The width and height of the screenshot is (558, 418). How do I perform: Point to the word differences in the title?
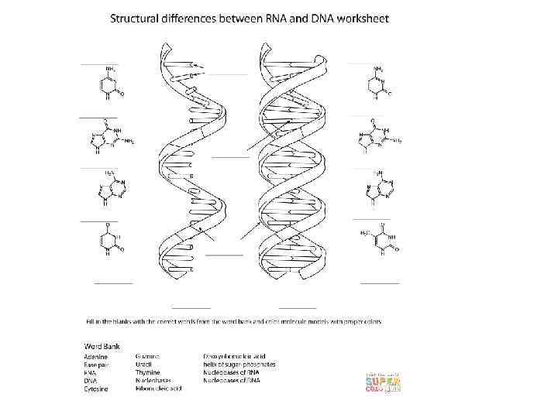pyautogui.click(x=204, y=17)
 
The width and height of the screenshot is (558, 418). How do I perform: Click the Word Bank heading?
pyautogui.click(x=102, y=345)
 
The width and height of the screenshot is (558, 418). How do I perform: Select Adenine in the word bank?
pyautogui.click(x=97, y=356)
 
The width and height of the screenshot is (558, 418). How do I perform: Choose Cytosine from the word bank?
pyautogui.click(x=98, y=389)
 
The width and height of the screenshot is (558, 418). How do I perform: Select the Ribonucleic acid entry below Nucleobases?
pyautogui.click(x=159, y=389)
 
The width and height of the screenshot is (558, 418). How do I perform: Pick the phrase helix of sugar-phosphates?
pyautogui.click(x=239, y=364)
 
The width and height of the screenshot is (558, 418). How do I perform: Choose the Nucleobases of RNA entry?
pyautogui.click(x=233, y=372)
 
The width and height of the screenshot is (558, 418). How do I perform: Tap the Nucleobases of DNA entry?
pyautogui.click(x=233, y=381)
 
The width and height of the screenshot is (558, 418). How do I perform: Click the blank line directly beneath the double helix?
pyautogui.click(x=298, y=307)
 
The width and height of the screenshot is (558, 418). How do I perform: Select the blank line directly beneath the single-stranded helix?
pyautogui.click(x=191, y=307)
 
